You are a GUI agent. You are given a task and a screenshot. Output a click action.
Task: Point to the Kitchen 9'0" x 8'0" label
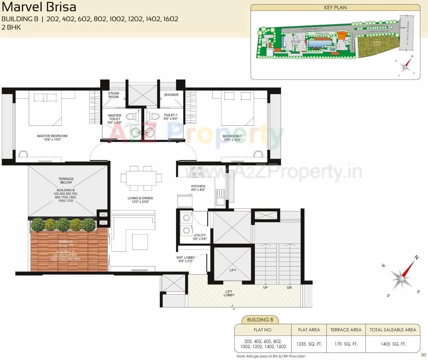198,188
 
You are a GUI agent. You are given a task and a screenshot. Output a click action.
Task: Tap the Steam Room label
114,95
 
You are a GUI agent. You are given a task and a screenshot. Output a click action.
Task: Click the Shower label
171,95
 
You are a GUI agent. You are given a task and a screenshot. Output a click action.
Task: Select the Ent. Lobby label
186,259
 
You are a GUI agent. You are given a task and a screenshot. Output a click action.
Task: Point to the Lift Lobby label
229,293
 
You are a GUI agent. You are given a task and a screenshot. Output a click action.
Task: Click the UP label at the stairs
265,287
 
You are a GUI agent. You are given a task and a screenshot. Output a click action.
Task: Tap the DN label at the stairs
289,287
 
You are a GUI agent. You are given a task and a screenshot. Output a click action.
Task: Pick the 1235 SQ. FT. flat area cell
309,344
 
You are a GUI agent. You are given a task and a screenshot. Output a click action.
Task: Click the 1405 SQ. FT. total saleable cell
393,344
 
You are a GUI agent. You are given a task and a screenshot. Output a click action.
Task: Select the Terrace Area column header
346,330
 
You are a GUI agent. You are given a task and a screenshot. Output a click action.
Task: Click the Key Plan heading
335,7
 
